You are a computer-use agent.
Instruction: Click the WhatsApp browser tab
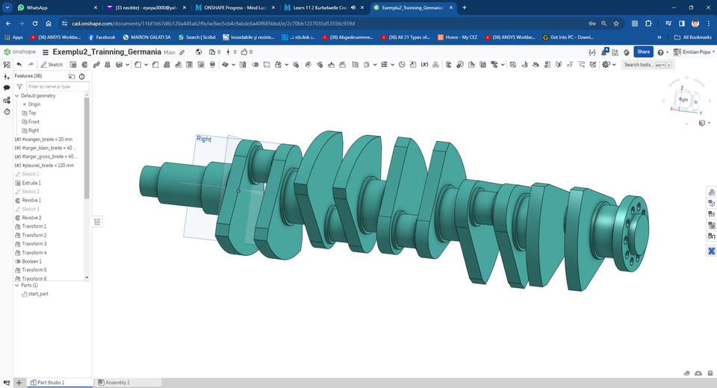(37, 7)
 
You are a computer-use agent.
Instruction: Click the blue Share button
(643, 51)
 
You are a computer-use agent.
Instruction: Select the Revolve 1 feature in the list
(31, 200)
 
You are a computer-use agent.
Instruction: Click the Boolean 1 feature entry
(31, 261)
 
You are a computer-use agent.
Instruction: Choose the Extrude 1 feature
(31, 183)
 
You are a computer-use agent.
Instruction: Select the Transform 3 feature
(34, 244)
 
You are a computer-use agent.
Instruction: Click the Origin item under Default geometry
(34, 104)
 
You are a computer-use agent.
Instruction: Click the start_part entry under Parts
(38, 294)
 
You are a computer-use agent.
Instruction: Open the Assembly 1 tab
(117, 382)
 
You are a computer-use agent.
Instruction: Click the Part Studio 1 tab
(51, 382)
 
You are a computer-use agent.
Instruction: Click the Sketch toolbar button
(52, 65)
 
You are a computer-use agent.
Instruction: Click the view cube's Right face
(683, 99)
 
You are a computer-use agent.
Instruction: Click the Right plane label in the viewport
(204, 139)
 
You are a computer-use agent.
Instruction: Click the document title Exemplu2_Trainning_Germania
(107, 52)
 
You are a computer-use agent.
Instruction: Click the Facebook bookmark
(102, 37)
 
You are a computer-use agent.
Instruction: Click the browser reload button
(34, 23)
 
